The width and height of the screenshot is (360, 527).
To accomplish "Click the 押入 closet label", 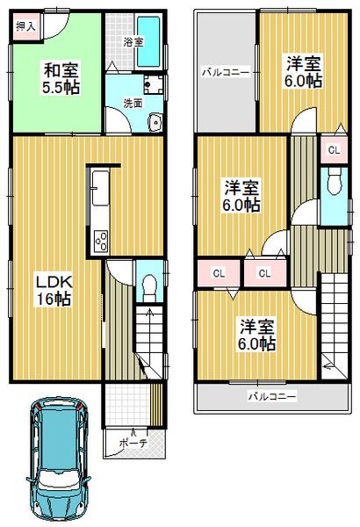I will click(x=25, y=26).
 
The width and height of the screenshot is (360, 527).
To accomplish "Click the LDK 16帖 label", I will click(x=53, y=290).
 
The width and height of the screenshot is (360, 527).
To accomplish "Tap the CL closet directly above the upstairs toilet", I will click(x=334, y=149).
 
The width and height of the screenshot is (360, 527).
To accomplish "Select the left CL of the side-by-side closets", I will click(x=219, y=272).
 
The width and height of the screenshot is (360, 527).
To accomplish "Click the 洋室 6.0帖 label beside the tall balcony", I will click(x=300, y=70).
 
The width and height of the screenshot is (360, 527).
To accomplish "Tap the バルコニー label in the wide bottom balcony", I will click(x=270, y=396).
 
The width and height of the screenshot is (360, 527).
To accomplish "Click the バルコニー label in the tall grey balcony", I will click(x=226, y=72).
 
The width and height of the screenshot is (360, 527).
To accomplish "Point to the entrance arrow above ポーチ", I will click(x=133, y=430).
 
